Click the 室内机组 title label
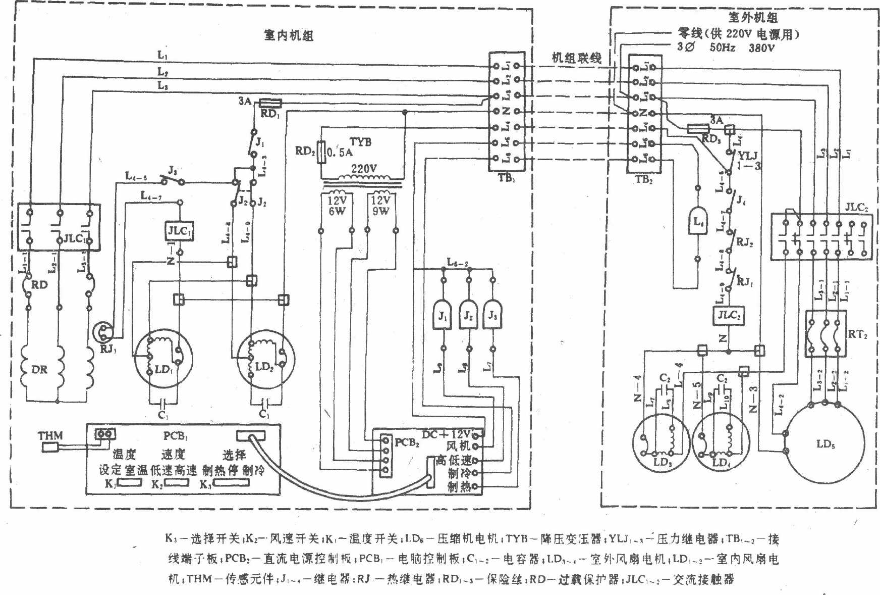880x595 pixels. pyautogui.click(x=288, y=36)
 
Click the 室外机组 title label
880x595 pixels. pyautogui.click(x=753, y=18)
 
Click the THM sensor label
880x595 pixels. pyautogui.click(x=50, y=435)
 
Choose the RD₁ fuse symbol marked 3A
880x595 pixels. pyautogui.click(x=270, y=104)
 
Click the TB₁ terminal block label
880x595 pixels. pyautogui.click(x=506, y=178)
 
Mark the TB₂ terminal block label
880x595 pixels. pyautogui.click(x=643, y=179)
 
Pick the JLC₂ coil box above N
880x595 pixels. pyautogui.click(x=729, y=316)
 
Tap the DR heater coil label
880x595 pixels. pyautogui.click(x=39, y=370)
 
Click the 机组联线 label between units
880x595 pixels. pyautogui.click(x=576, y=58)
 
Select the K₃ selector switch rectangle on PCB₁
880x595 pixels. pyautogui.click(x=231, y=483)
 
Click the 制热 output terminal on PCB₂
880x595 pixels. pyautogui.click(x=475, y=487)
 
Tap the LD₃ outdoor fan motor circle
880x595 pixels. pyautogui.click(x=661, y=442)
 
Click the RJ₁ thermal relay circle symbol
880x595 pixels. pyautogui.click(x=105, y=331)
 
